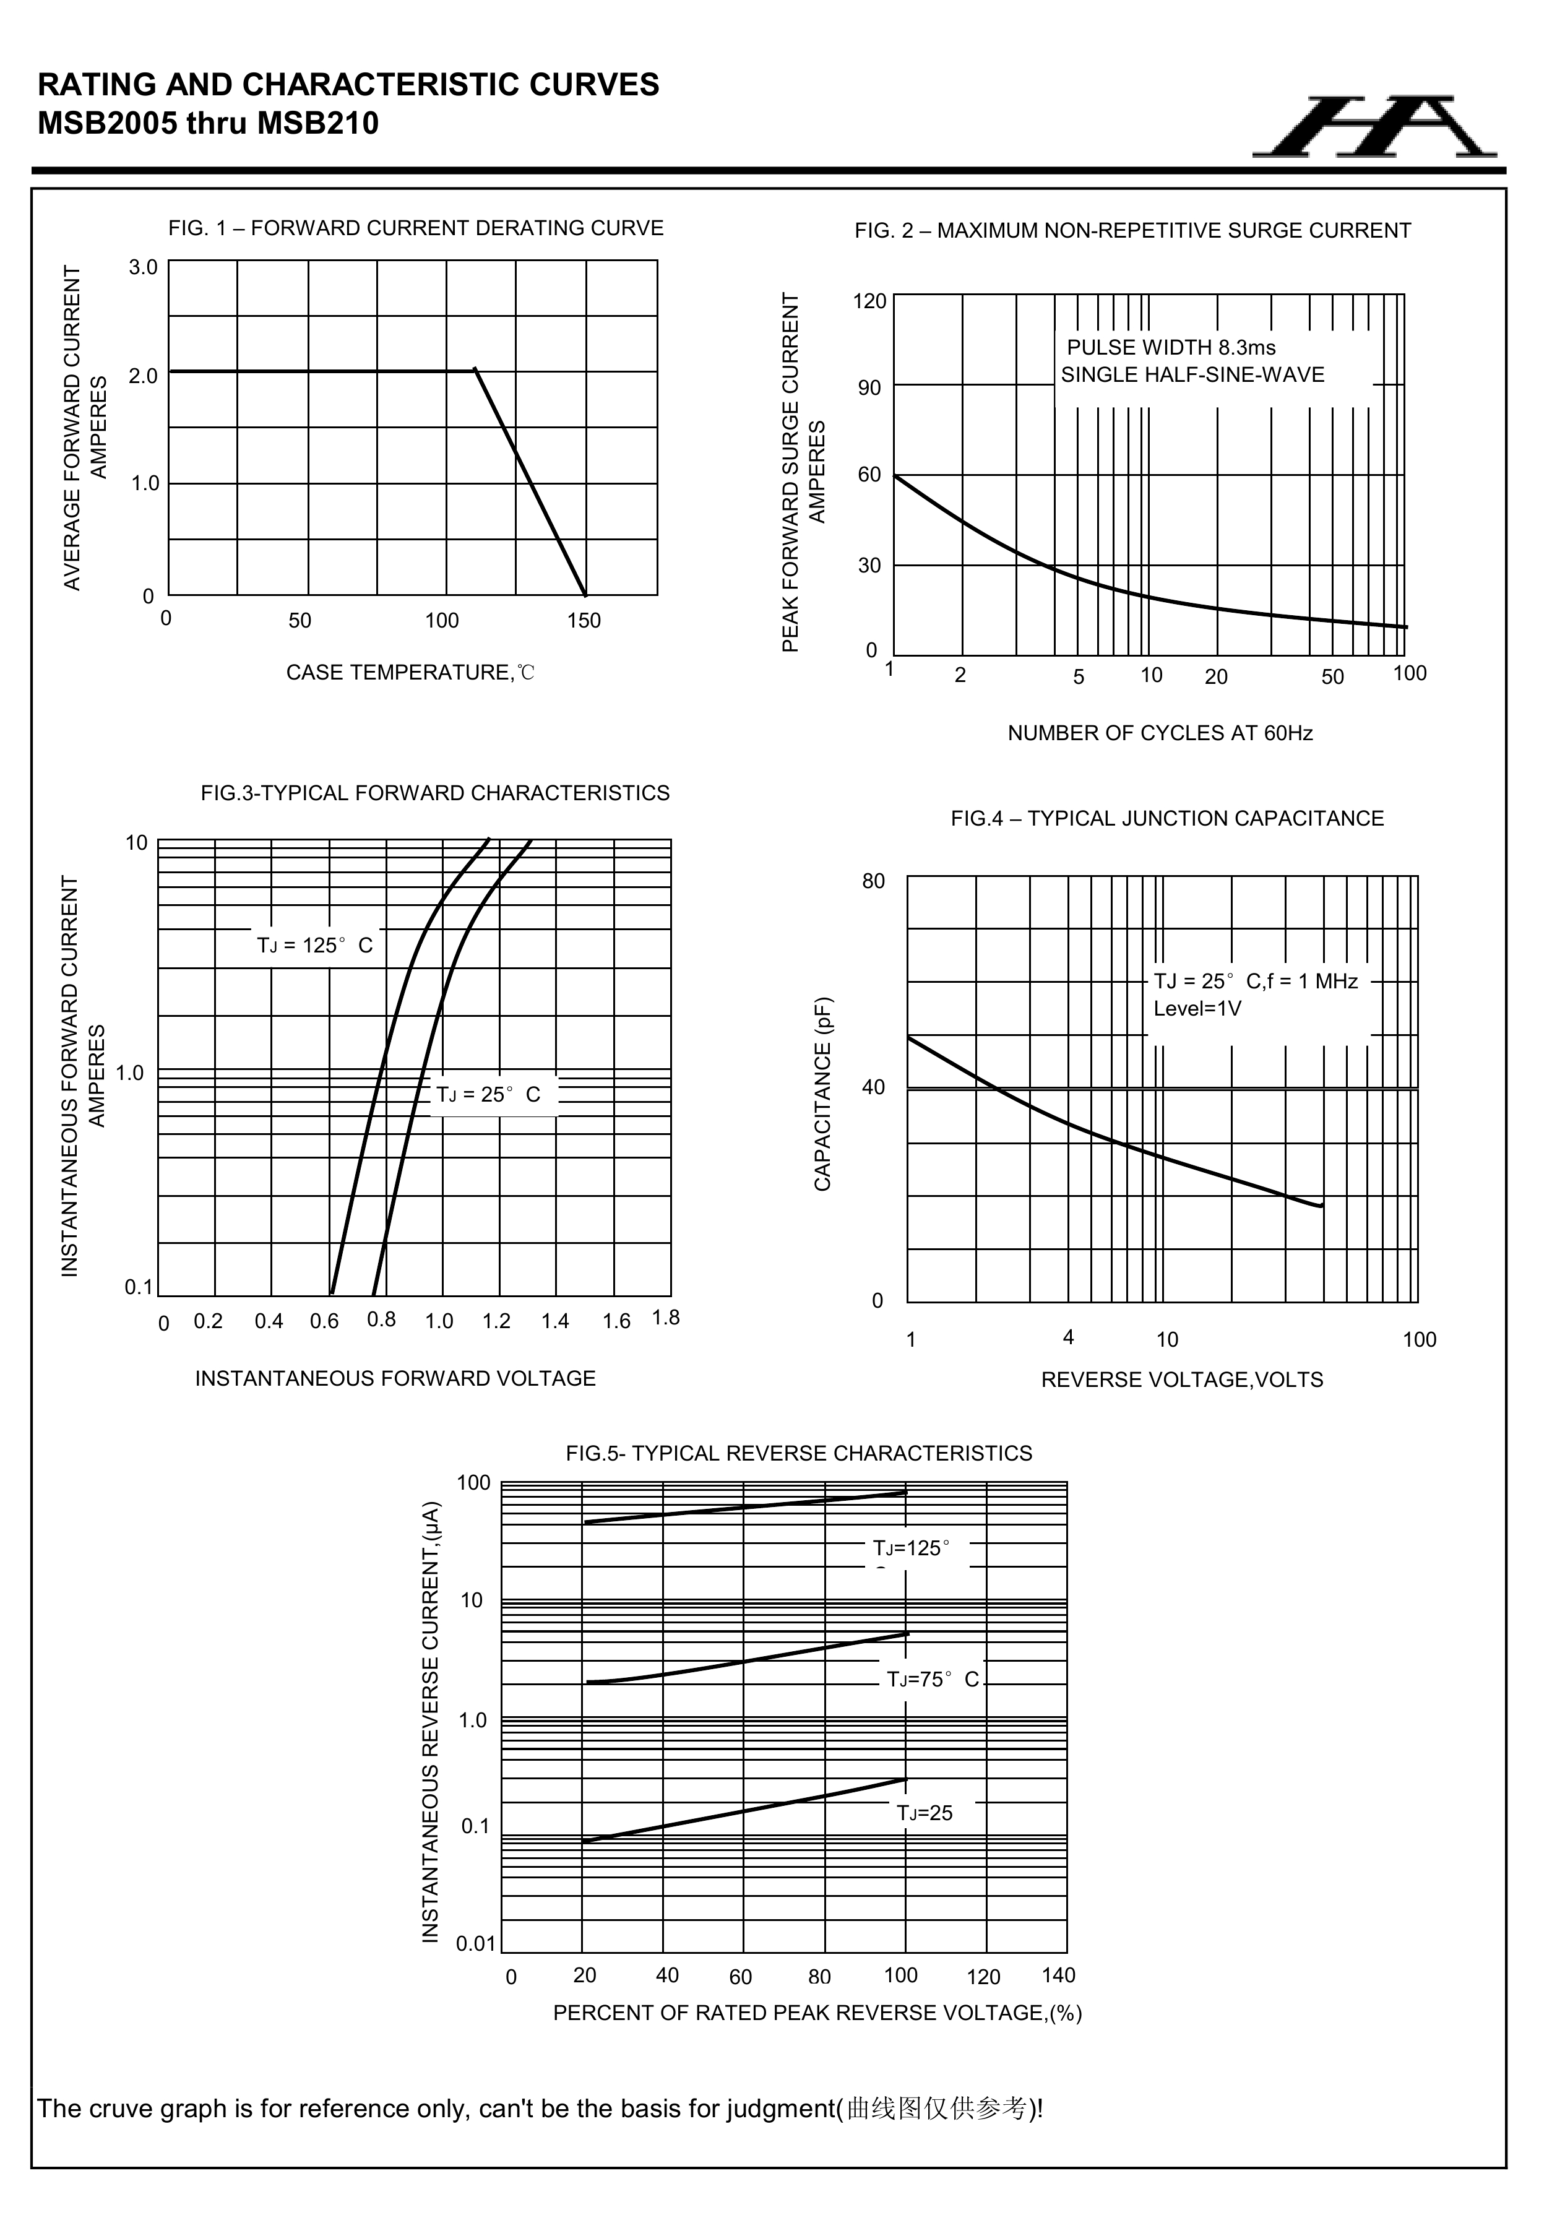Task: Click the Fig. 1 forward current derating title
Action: [416, 228]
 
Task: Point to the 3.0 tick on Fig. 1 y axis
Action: [144, 267]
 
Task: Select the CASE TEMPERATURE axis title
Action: [410, 672]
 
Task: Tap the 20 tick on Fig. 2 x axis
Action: [1216, 677]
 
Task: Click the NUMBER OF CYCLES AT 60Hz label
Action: [1160, 733]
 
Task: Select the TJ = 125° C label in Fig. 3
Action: [314, 946]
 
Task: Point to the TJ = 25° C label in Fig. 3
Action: [488, 1095]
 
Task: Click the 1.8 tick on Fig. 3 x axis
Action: [666, 1318]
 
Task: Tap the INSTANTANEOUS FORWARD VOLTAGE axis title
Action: [395, 1379]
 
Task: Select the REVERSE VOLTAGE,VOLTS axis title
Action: [1182, 1380]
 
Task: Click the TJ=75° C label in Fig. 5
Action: [932, 1680]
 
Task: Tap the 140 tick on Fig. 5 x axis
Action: [1058, 1975]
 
